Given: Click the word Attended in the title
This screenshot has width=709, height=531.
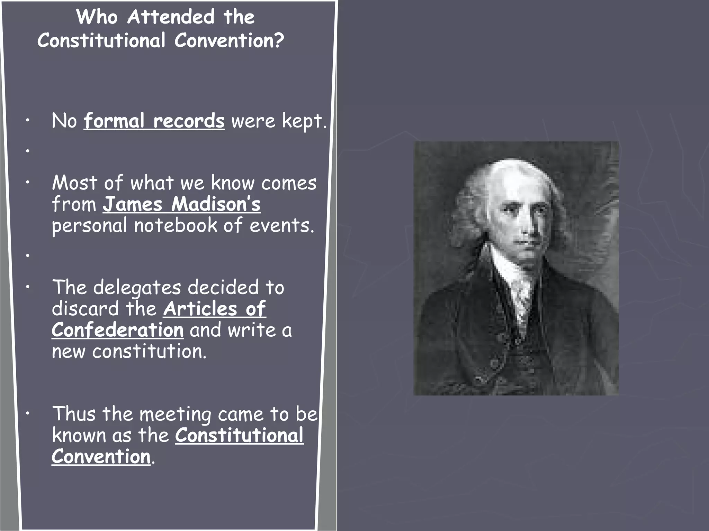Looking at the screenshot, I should [171, 17].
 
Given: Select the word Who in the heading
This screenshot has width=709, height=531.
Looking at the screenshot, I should [97, 17].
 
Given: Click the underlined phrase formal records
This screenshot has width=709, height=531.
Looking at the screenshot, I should [154, 121].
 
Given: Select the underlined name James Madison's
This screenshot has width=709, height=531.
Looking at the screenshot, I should [181, 204].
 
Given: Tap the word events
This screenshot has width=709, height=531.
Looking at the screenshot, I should [281, 225].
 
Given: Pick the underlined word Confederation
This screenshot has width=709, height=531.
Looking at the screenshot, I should [118, 330].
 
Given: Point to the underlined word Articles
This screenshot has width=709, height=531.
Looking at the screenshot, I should [200, 309].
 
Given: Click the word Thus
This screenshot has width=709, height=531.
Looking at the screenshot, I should [74, 414].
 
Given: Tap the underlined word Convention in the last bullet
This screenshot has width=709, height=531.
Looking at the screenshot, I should [101, 457].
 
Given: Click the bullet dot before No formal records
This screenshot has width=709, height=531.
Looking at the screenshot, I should [27, 121].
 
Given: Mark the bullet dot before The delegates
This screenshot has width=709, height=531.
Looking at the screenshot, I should [27, 287].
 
